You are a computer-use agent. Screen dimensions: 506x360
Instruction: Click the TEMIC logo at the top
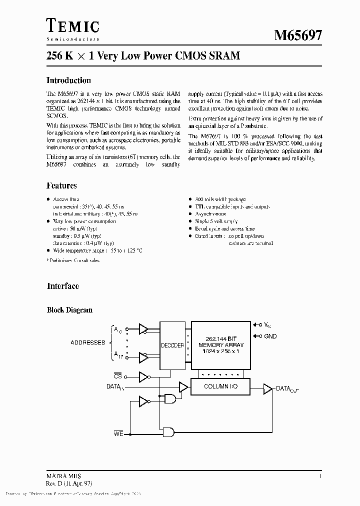(x=72, y=25)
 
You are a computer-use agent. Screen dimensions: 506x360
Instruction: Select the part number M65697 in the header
(x=298, y=35)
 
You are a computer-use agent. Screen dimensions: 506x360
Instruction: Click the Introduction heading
(x=68, y=80)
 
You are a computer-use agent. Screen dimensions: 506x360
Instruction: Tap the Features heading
(x=61, y=185)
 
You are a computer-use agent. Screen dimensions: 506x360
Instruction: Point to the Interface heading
(x=62, y=286)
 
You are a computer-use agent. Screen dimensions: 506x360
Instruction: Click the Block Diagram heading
(x=69, y=310)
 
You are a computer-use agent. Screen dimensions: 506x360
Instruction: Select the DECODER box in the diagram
(x=172, y=345)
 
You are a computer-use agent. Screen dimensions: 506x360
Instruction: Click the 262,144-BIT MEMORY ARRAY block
(x=220, y=345)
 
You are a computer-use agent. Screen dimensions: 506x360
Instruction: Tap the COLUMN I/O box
(x=220, y=386)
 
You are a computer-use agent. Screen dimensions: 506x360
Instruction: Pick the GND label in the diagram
(x=270, y=336)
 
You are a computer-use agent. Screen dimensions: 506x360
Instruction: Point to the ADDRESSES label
(x=87, y=342)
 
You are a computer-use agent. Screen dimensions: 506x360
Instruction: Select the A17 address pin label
(x=118, y=354)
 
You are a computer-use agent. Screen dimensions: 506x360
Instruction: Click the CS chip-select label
(x=117, y=375)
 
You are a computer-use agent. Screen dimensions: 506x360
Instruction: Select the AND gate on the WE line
(x=168, y=431)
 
